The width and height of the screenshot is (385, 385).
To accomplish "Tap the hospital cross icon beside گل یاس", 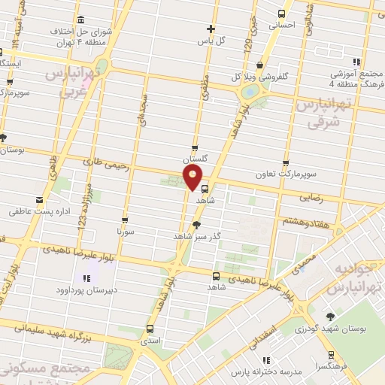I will (211, 29).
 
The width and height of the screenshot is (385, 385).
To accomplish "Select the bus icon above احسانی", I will (282, 14).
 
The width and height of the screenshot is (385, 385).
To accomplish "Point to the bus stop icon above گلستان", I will (195, 148).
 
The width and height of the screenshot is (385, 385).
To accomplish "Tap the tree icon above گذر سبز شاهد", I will (197, 223).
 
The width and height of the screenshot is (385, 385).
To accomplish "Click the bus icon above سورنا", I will (125, 220).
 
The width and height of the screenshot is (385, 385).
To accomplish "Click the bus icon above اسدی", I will (149, 329).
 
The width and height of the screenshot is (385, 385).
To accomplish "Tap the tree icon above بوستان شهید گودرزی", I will (330, 317).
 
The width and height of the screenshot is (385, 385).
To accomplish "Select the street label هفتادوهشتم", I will (303, 222).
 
